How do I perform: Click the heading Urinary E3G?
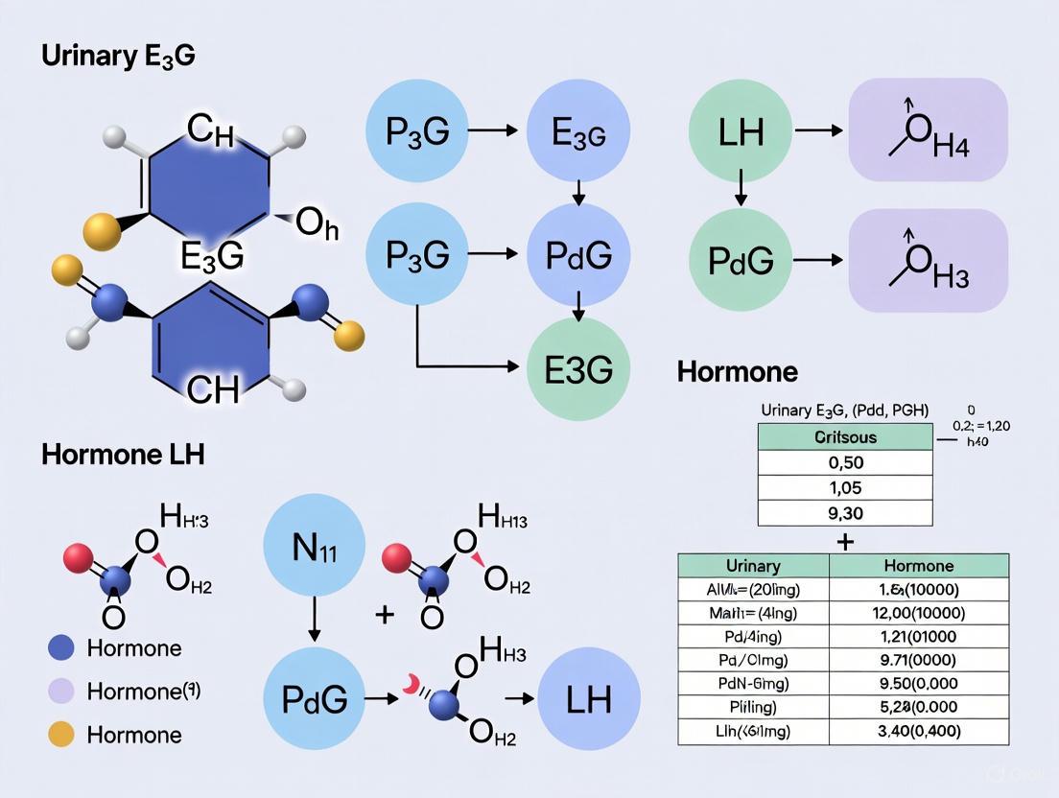coord(118,56)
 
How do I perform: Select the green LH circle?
coord(740,130)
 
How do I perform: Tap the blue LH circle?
coord(588,697)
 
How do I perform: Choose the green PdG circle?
coord(740,261)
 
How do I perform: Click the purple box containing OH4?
coord(928,131)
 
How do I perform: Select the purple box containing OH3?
coord(928,261)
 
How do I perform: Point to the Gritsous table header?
coord(844,436)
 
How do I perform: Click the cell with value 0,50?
coord(844,463)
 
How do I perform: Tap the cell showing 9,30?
coord(844,513)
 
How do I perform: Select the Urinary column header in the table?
coord(753,565)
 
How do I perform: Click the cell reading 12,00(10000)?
coord(919,613)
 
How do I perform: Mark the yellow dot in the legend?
coord(61,735)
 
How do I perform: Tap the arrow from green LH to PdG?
coord(740,186)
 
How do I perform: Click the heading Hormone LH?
coord(123,455)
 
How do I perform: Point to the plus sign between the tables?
coord(844,541)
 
